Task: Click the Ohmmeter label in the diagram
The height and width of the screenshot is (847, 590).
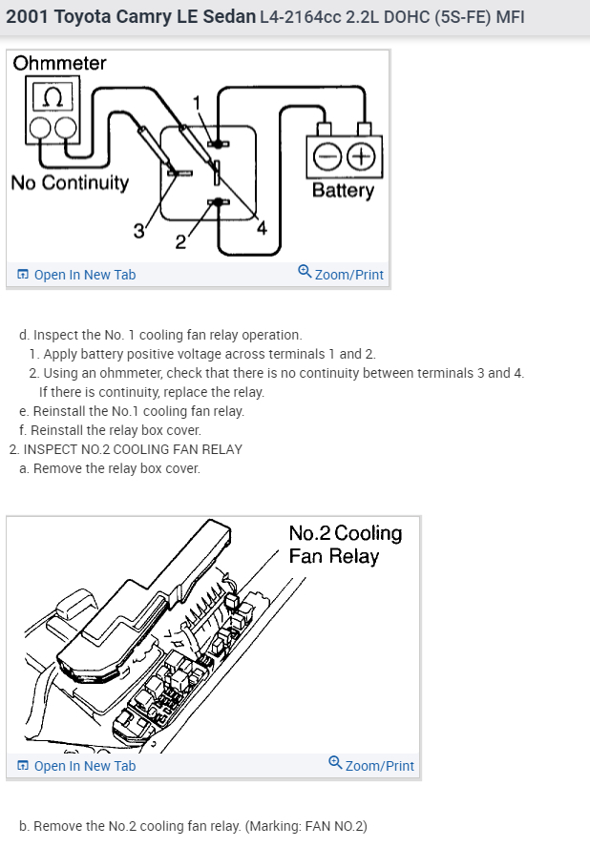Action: click(59, 64)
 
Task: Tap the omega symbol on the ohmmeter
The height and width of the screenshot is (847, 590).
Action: click(52, 98)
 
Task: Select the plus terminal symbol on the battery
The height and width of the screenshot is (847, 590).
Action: click(359, 155)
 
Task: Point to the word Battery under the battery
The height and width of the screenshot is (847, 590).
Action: click(343, 190)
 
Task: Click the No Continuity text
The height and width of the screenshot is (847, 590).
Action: click(70, 182)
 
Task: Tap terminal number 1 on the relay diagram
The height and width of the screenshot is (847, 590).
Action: click(198, 102)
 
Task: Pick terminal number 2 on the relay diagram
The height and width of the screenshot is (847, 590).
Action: click(180, 240)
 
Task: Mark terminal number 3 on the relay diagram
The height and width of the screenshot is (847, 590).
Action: click(138, 230)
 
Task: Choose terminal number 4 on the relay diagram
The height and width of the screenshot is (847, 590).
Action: click(262, 228)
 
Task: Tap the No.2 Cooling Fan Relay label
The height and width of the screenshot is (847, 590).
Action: click(345, 545)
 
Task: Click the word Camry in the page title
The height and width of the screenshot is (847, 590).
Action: click(149, 17)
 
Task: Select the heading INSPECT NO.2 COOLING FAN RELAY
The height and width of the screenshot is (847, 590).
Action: click(133, 449)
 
